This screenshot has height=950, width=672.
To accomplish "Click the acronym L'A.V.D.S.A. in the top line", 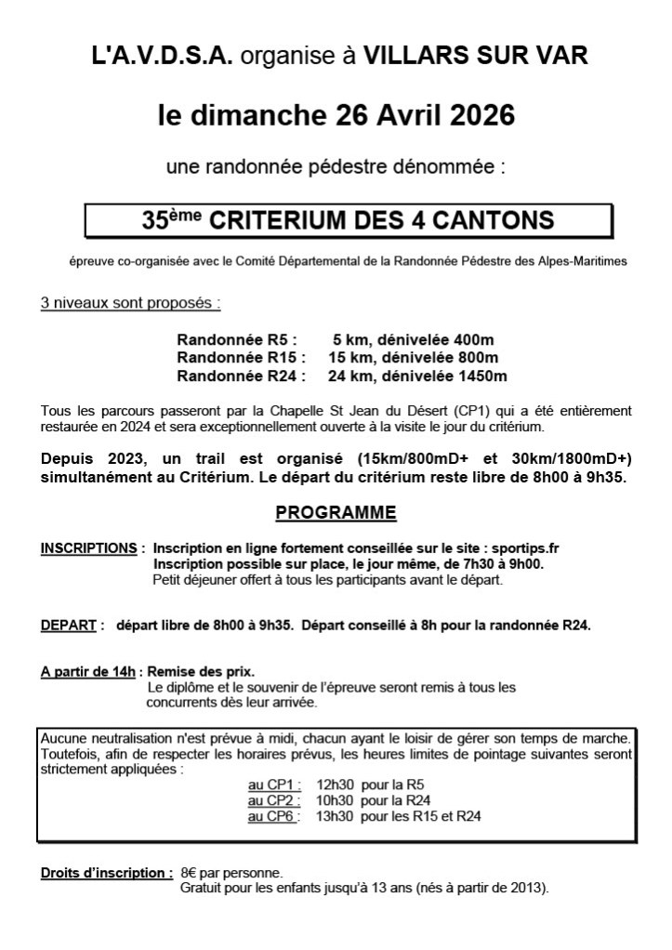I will click(x=163, y=56).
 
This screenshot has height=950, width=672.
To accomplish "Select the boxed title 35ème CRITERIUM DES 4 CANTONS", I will click(x=349, y=221).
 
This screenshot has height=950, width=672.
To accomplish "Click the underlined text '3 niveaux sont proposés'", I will click(x=130, y=304).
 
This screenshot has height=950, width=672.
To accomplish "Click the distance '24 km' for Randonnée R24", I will click(x=350, y=376).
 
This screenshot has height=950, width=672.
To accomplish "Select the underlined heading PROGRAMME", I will click(x=336, y=513).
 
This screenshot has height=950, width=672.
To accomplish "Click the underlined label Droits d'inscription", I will click(x=106, y=873).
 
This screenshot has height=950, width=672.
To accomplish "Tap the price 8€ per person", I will click(x=190, y=873).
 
